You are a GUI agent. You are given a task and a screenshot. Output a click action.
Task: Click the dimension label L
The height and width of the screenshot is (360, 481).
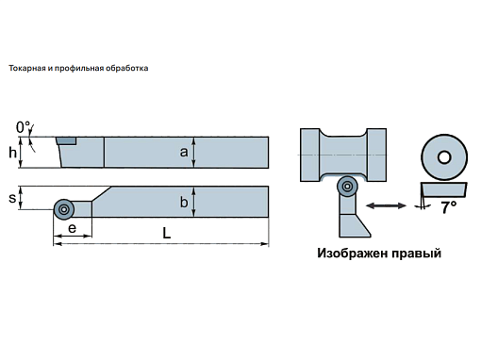pyautogui.click(x=167, y=233)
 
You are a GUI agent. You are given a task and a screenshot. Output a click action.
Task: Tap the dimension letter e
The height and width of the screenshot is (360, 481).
pyautogui.click(x=72, y=228)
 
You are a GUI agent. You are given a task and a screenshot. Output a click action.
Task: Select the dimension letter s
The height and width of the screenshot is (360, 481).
pyautogui.click(x=12, y=198)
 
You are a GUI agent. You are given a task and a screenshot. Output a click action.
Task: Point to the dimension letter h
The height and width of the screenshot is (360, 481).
pyautogui.click(x=12, y=153)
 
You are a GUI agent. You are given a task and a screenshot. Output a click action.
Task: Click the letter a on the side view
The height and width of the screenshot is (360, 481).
pyautogui.click(x=184, y=152)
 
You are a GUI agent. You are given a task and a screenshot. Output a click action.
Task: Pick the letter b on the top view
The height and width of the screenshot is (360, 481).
pyautogui.click(x=184, y=202)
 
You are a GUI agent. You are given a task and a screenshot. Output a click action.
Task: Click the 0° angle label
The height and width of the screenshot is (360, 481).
pyautogui.click(x=23, y=127)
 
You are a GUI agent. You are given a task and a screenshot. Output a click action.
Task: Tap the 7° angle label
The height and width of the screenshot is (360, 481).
pyautogui.click(x=448, y=207)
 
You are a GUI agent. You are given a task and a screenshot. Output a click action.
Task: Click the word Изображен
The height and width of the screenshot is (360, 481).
pyautogui.click(x=352, y=253)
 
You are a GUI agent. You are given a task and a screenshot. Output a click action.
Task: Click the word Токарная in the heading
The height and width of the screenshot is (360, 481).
pyautogui.click(x=27, y=68)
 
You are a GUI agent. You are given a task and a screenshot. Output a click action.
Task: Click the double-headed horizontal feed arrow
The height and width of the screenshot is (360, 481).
pyautogui.click(x=386, y=205)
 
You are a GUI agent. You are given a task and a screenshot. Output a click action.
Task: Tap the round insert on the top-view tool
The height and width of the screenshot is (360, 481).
pyautogui.click(x=64, y=209)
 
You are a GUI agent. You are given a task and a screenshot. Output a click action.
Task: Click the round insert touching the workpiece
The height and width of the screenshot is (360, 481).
pyautogui.click(x=347, y=187)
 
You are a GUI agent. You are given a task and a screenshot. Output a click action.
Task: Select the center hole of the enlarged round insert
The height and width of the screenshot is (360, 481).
pyautogui.click(x=444, y=157)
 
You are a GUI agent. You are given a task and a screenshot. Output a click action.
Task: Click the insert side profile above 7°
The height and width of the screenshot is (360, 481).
pyautogui.click(x=443, y=189)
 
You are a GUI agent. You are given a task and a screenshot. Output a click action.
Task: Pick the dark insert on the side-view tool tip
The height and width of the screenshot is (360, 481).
pyautogui.click(x=66, y=140)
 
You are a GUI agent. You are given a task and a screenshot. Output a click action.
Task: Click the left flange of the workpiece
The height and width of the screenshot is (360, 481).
pyautogui.click(x=310, y=155)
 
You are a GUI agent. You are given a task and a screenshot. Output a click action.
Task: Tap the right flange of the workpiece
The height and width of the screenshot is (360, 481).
pyautogui.click(x=376, y=155)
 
